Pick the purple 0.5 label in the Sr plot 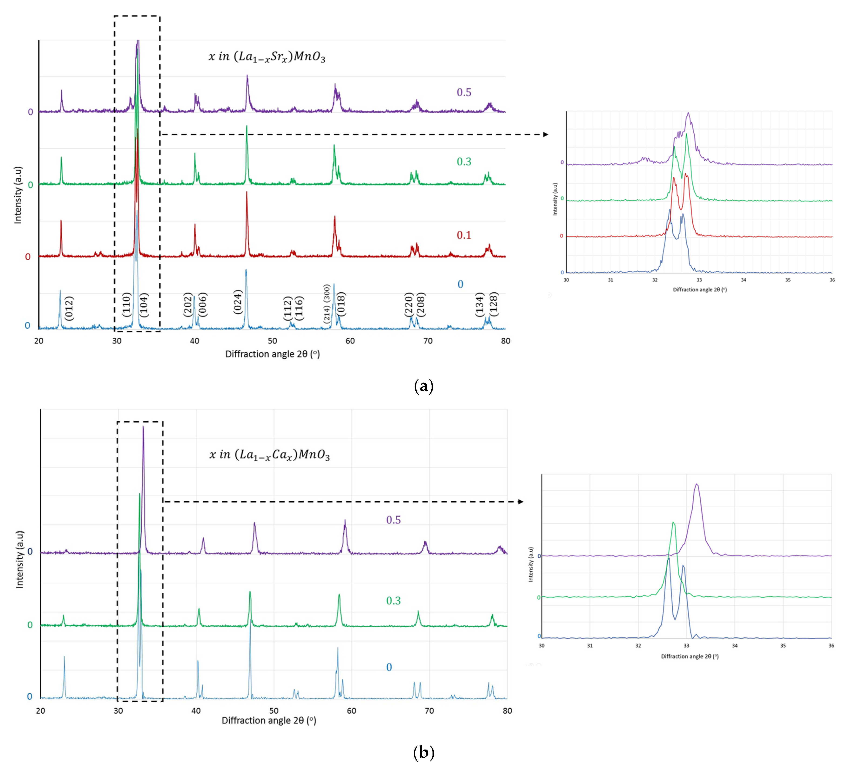click(464, 92)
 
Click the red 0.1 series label click(464, 235)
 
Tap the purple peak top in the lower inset click(697, 484)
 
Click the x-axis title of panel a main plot click(272, 354)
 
